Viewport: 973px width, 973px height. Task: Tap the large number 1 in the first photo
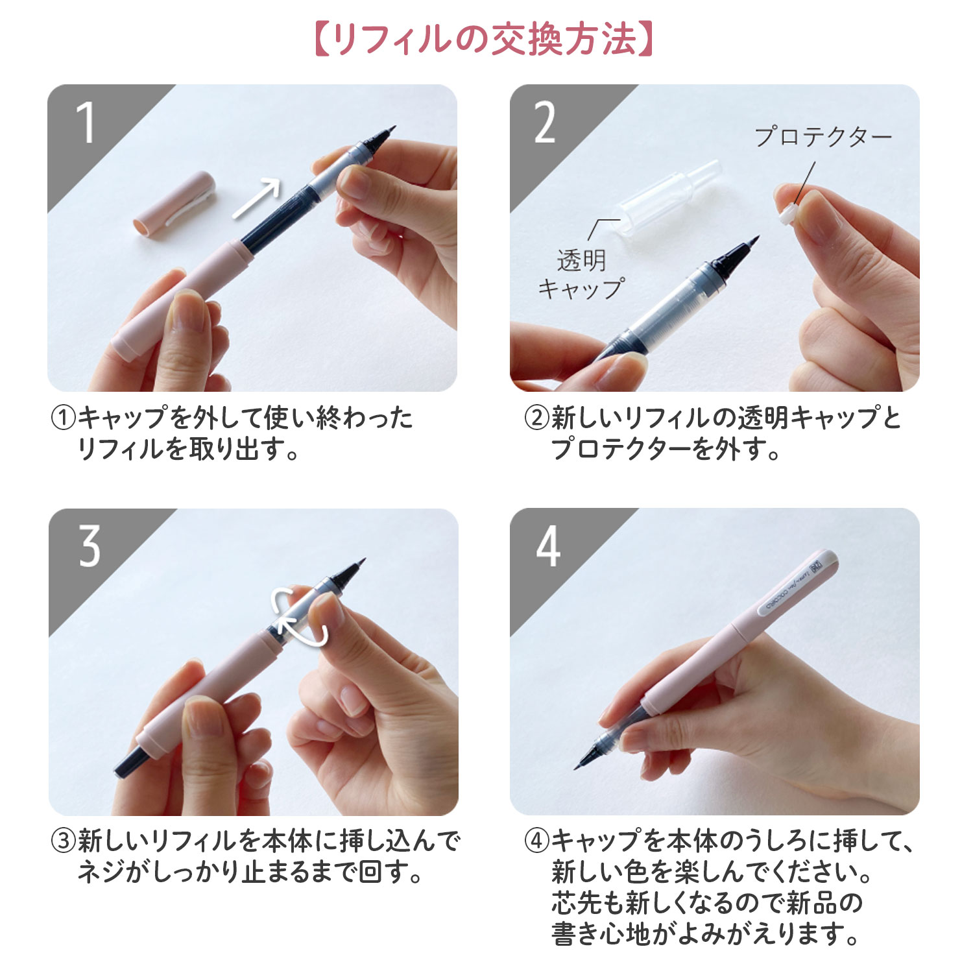tap(86, 123)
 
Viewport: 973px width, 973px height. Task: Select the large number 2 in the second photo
tap(545, 123)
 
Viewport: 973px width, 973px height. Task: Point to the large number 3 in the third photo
tap(90, 546)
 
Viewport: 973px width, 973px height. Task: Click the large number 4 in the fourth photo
tap(548, 546)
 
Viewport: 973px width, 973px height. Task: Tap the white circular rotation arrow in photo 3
tap(300, 616)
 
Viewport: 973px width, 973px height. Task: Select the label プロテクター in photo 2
tap(823, 137)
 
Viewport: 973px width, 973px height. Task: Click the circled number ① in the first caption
tap(63, 418)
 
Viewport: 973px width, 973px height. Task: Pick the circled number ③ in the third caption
tap(63, 841)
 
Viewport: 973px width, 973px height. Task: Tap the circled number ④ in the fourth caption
tap(536, 841)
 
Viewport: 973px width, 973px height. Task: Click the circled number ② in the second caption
tap(536, 418)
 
